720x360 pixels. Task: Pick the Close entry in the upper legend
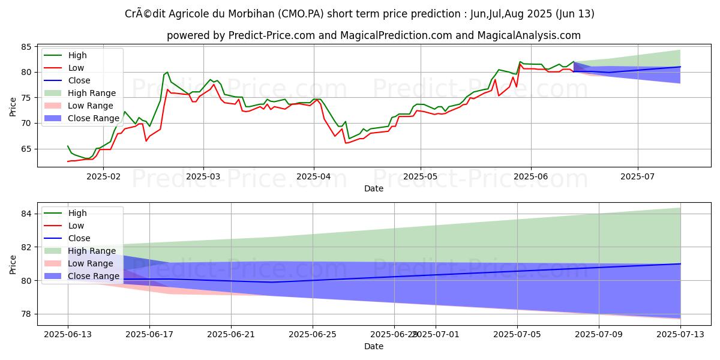tap(79, 80)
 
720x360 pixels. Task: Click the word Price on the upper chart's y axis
tap(14, 107)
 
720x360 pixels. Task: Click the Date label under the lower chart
tap(374, 347)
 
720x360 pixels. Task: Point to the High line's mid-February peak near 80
tap(167, 72)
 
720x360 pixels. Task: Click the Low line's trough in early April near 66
tap(346, 143)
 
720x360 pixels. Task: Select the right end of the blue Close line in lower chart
tap(680, 263)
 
